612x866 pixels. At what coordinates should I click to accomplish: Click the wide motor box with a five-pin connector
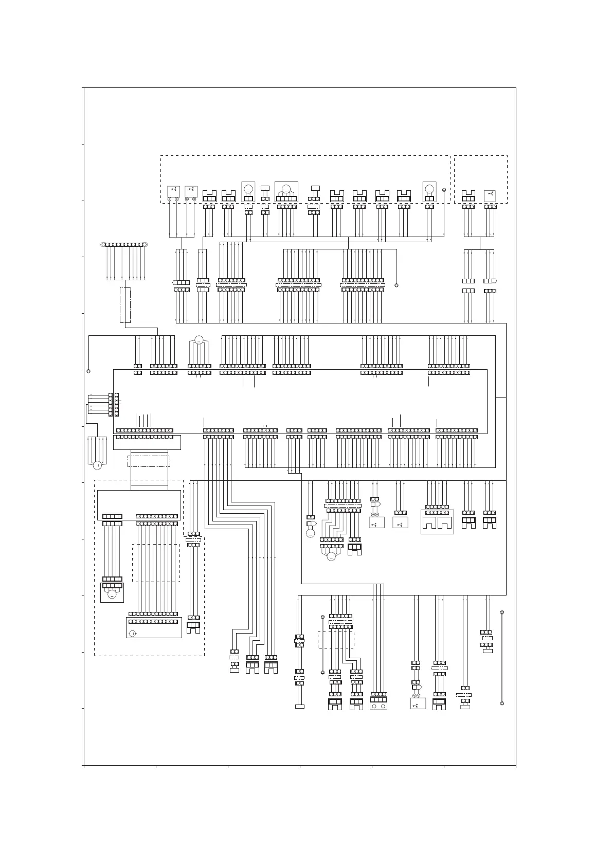point(286,191)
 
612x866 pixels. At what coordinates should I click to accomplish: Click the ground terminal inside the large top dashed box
point(444,191)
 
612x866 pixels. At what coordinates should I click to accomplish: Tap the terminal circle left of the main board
point(88,371)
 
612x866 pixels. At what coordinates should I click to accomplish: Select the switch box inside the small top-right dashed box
point(490,195)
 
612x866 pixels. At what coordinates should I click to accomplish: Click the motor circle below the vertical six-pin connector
point(97,465)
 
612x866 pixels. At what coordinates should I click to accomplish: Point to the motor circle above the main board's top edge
point(199,340)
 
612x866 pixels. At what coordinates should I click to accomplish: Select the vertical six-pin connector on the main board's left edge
point(111,405)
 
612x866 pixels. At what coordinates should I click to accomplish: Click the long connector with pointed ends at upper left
point(124,244)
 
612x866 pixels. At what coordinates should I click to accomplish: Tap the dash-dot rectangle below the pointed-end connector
point(125,305)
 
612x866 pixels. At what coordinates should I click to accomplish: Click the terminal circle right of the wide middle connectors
point(397,285)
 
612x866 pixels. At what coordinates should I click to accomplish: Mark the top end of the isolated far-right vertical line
point(502,612)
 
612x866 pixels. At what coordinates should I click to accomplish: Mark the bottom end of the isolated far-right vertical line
point(502,703)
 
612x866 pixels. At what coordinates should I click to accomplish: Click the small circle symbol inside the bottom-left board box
point(133,633)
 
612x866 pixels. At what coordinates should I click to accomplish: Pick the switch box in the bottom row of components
point(418,703)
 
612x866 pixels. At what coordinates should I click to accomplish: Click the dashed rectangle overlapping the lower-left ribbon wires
point(156,563)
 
